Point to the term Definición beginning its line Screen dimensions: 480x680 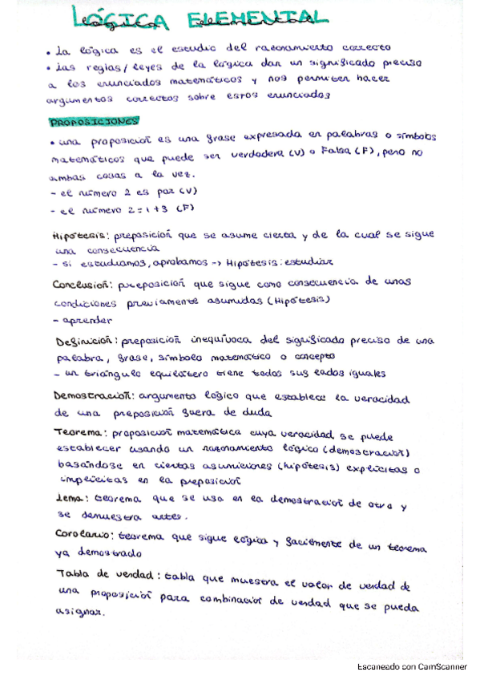point(84,340)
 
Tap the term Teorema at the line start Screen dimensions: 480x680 point(78,431)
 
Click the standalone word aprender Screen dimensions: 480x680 point(81,320)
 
